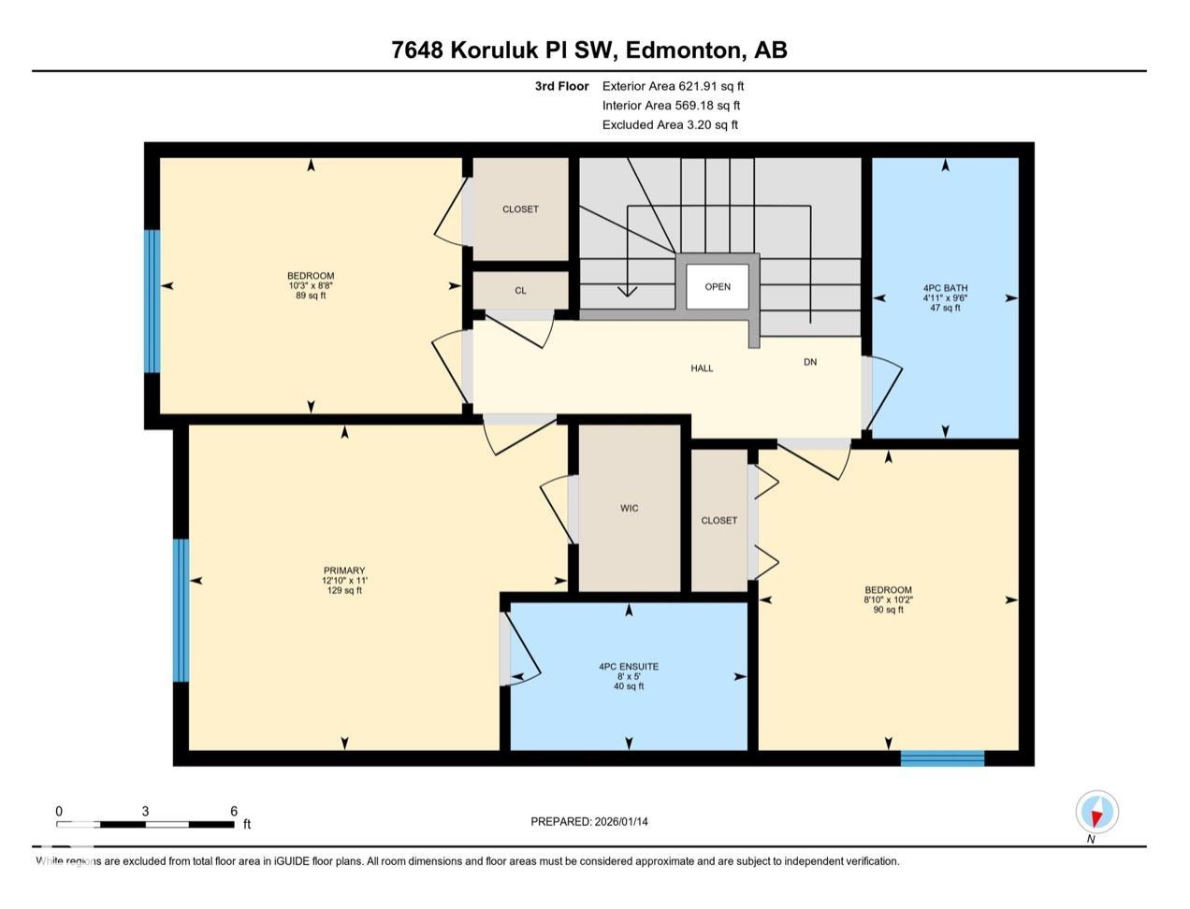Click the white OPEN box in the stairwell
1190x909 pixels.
coord(718,287)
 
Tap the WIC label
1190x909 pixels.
coord(630,509)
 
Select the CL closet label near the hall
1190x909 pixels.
coord(520,291)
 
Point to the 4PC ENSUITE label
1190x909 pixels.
coord(629,667)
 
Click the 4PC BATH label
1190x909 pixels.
coord(945,288)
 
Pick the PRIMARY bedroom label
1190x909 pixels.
coord(344,570)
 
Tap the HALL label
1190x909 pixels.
coord(702,368)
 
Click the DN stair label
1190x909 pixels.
coord(810,362)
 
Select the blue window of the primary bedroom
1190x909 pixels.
coord(181,610)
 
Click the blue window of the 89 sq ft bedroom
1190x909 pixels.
coord(152,300)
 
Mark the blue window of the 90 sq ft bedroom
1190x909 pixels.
coord(942,758)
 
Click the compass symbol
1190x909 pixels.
coord(1096,812)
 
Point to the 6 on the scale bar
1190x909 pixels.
coord(234,812)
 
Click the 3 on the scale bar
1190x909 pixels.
coord(145,812)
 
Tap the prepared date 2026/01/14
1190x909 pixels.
coord(621,822)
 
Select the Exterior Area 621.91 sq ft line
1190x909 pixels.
coord(673,86)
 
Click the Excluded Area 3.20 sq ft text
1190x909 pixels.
coord(670,124)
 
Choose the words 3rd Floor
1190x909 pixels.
coord(561,86)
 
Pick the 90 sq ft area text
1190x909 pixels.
coord(888,611)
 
